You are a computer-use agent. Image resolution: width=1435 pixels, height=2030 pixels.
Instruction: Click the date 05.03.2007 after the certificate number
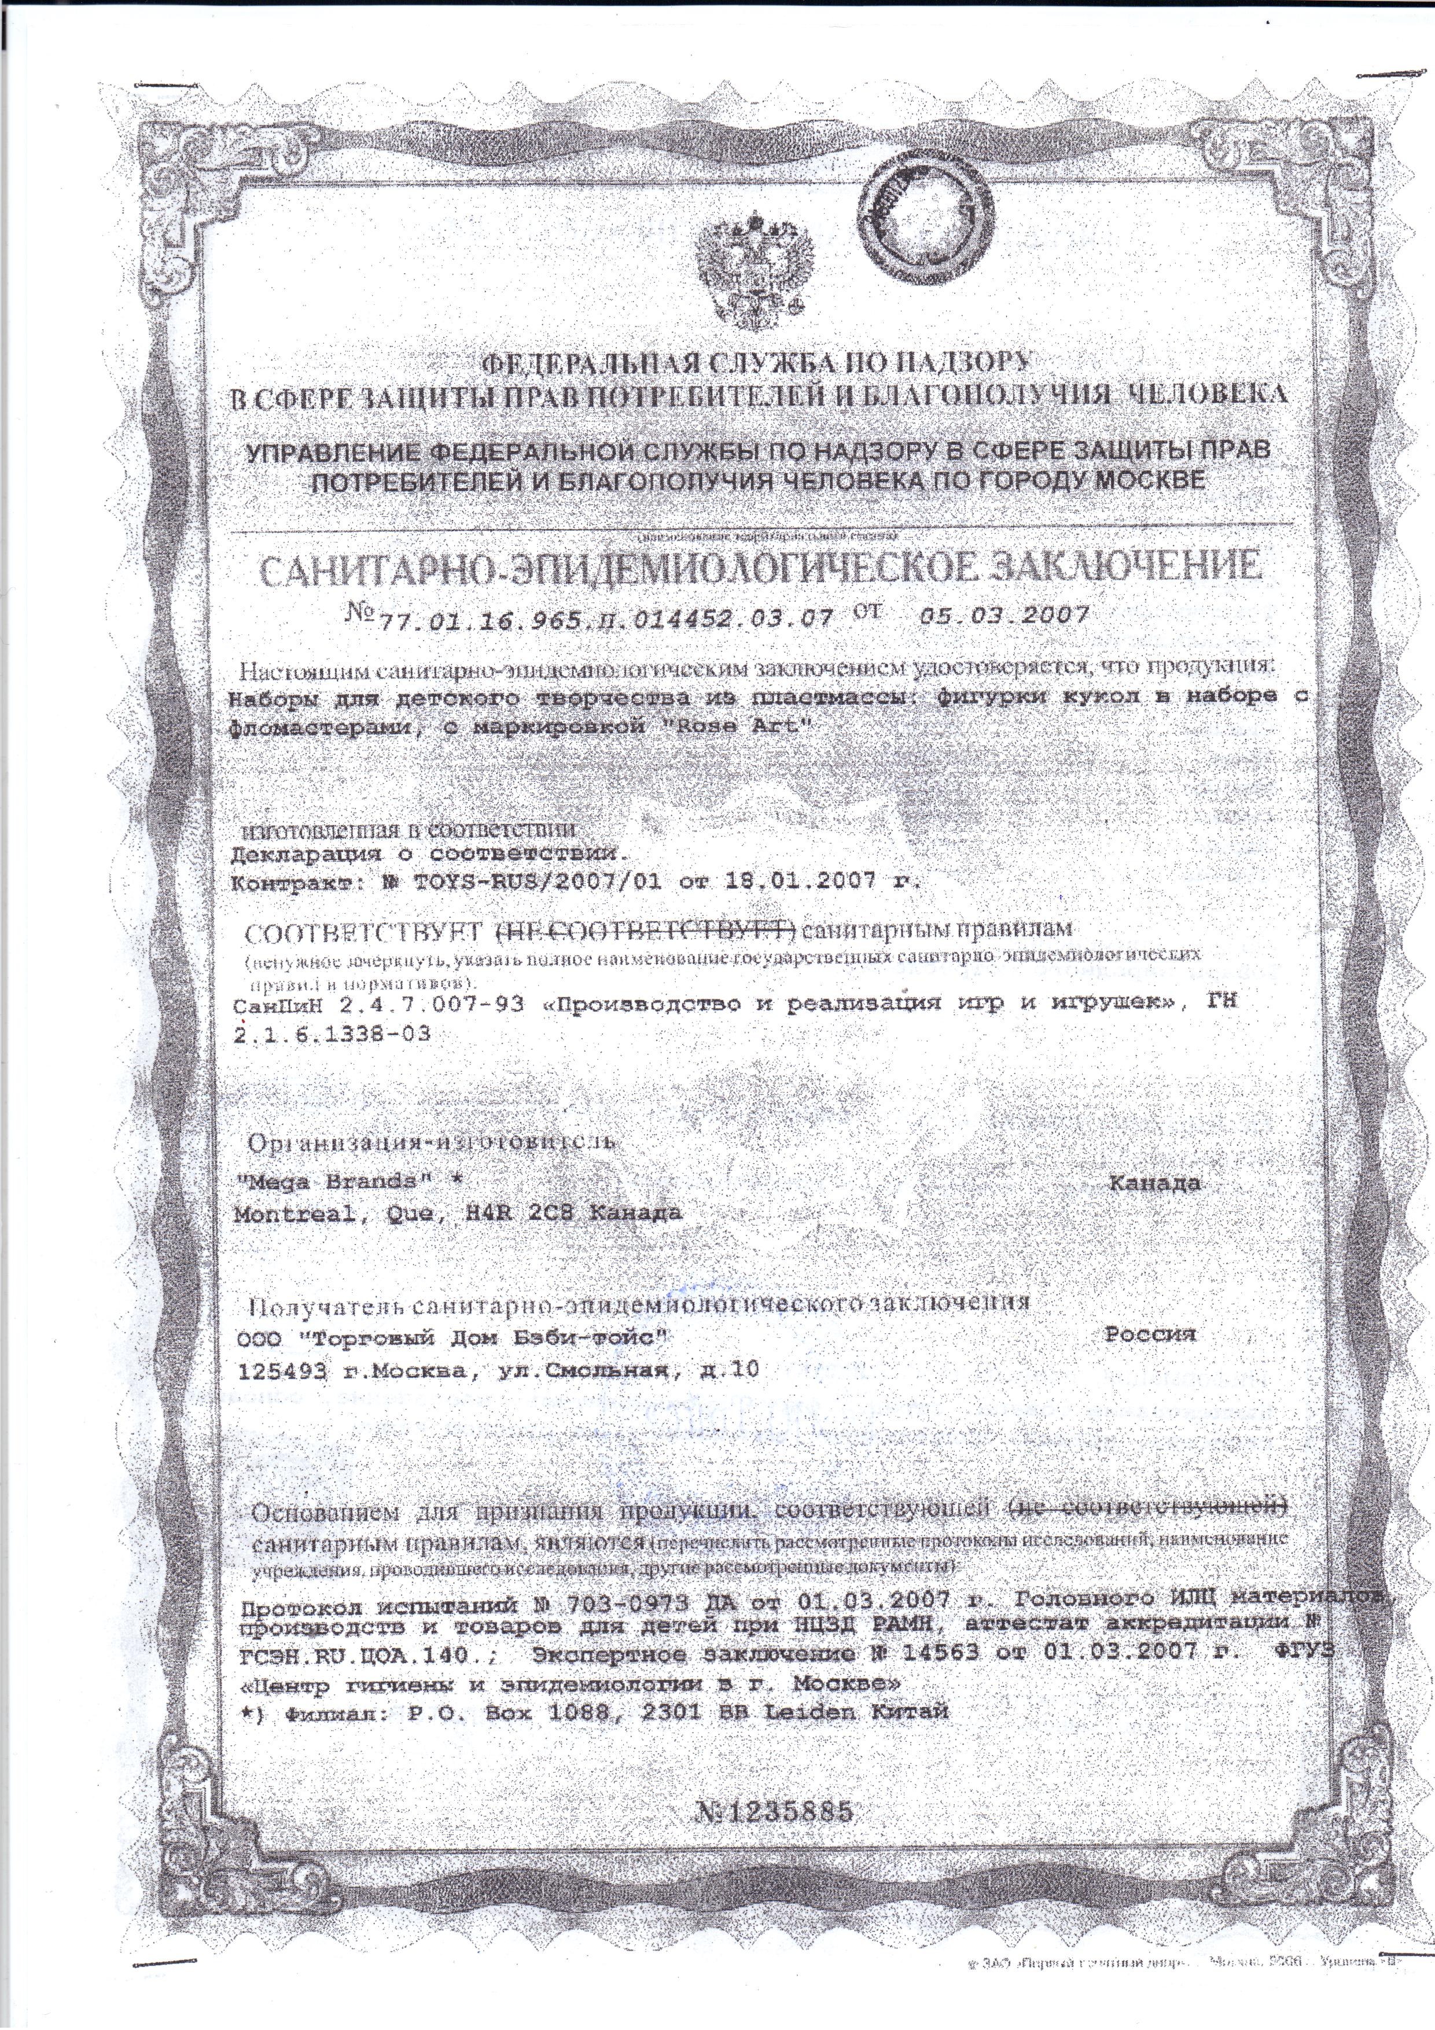(x=1003, y=616)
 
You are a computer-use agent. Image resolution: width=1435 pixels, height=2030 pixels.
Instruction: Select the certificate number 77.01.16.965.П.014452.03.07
(x=606, y=618)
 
